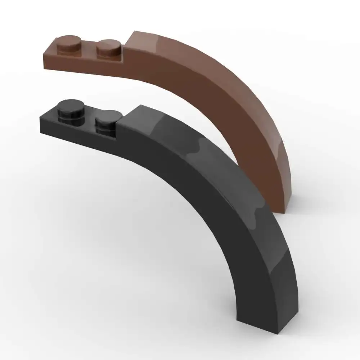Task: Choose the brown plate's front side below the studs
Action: coord(83,65)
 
